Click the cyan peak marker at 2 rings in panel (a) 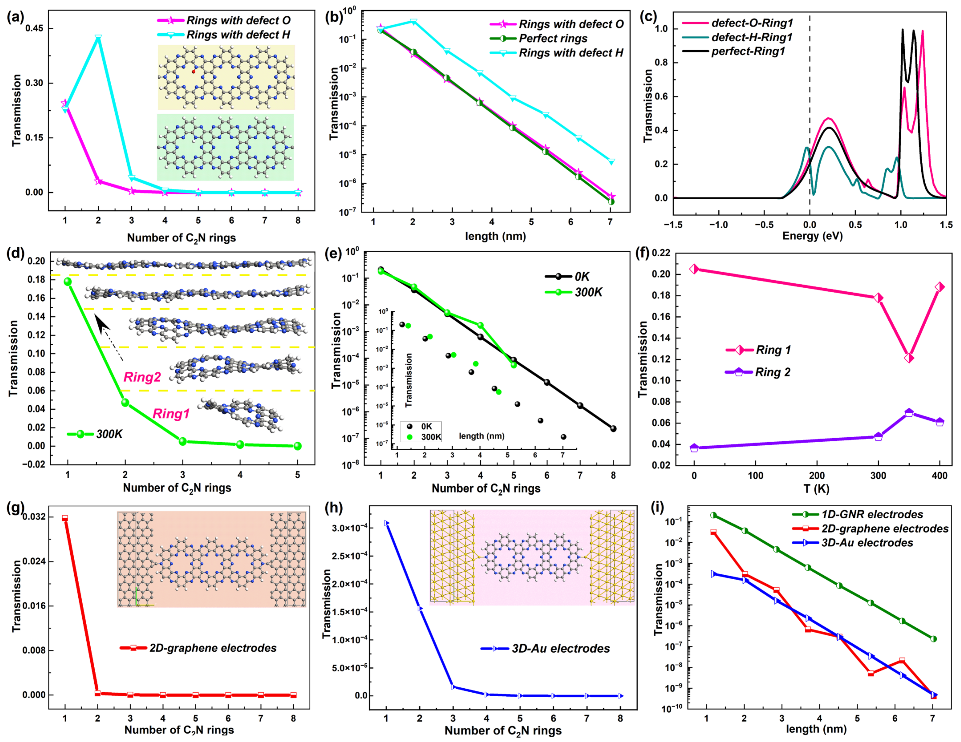pyautogui.click(x=98, y=37)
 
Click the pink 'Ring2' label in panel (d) pyautogui.click(x=142, y=377)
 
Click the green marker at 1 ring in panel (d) pyautogui.click(x=68, y=281)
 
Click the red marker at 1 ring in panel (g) pyautogui.click(x=65, y=518)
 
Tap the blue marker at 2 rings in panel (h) pyautogui.click(x=420, y=609)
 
